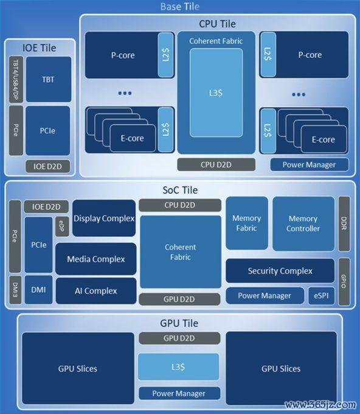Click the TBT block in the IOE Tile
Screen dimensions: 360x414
(49, 79)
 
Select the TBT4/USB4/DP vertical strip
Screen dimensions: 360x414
(16, 79)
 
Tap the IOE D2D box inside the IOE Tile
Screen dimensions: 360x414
(47, 166)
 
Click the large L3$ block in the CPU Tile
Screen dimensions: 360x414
(216, 93)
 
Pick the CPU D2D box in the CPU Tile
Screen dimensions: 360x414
(216, 164)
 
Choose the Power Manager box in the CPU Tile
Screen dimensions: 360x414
(309, 164)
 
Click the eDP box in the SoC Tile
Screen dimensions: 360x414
(62, 226)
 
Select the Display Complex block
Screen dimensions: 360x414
(104, 218)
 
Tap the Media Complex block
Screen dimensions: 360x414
(95, 259)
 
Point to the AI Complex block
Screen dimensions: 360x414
(96, 290)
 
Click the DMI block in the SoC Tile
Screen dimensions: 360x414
(38, 290)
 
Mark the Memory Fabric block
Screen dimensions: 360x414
(247, 223)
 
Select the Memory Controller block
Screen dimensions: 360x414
(303, 223)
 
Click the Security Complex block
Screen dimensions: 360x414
(280, 271)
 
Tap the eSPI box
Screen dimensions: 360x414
(321, 296)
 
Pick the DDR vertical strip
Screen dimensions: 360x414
(344, 223)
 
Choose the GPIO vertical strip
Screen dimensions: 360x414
(344, 281)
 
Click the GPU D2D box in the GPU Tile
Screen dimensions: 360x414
(179, 339)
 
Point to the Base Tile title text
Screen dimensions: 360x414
(180, 6)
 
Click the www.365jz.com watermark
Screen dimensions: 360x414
(320, 404)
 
